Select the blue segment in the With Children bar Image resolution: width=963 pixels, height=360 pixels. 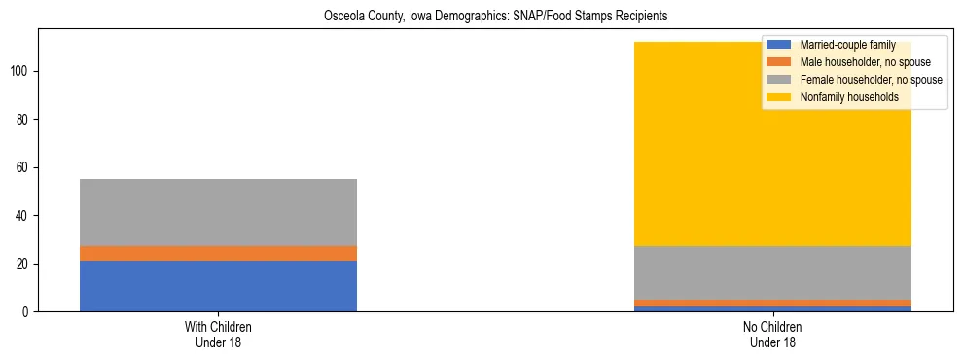point(218,286)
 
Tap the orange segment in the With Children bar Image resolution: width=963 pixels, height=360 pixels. point(218,253)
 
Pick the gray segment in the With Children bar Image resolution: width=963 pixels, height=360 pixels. point(218,212)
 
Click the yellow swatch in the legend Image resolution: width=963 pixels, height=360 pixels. point(779,97)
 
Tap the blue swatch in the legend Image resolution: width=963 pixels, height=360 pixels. point(779,45)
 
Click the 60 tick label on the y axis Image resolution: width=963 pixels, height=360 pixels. point(24,167)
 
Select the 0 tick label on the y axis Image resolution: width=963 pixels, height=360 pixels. point(27,312)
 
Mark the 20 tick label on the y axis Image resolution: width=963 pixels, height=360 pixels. point(24,264)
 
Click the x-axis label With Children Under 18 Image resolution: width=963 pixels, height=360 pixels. point(218,334)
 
